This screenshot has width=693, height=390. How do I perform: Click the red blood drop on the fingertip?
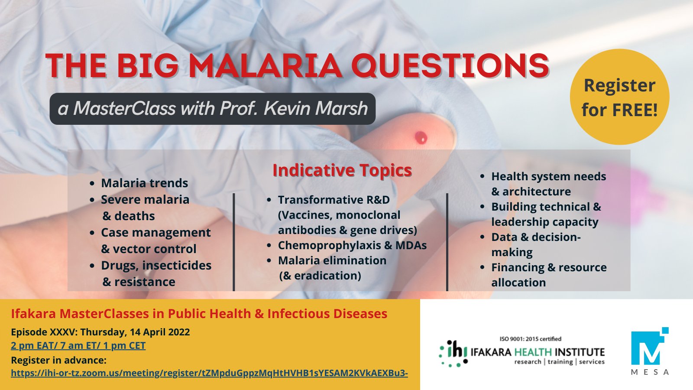tap(421, 137)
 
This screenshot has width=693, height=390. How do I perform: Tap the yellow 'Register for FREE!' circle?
tap(620, 97)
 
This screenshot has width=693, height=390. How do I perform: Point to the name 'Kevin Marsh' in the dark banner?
tap(316, 108)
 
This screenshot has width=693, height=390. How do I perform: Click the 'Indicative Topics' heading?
tap(342, 170)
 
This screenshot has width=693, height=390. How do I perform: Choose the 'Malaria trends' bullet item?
tap(145, 183)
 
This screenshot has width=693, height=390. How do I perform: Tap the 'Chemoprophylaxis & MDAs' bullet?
tap(352, 245)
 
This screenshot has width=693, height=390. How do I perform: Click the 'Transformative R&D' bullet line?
tap(334, 200)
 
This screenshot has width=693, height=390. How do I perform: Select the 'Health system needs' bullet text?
tap(548, 176)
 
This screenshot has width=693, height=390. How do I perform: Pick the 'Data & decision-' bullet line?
tap(536, 237)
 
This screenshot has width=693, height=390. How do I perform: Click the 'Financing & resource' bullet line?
tap(549, 267)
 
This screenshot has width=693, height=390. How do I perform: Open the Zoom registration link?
tap(210, 373)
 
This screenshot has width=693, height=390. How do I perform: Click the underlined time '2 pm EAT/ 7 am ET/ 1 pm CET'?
tap(78, 345)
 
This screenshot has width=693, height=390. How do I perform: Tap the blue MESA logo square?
tap(650, 346)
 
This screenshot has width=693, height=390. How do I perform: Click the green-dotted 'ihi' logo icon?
tap(453, 354)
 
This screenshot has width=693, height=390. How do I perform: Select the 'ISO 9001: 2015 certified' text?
tap(530, 339)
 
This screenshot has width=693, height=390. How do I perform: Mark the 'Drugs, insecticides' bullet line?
tap(156, 266)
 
